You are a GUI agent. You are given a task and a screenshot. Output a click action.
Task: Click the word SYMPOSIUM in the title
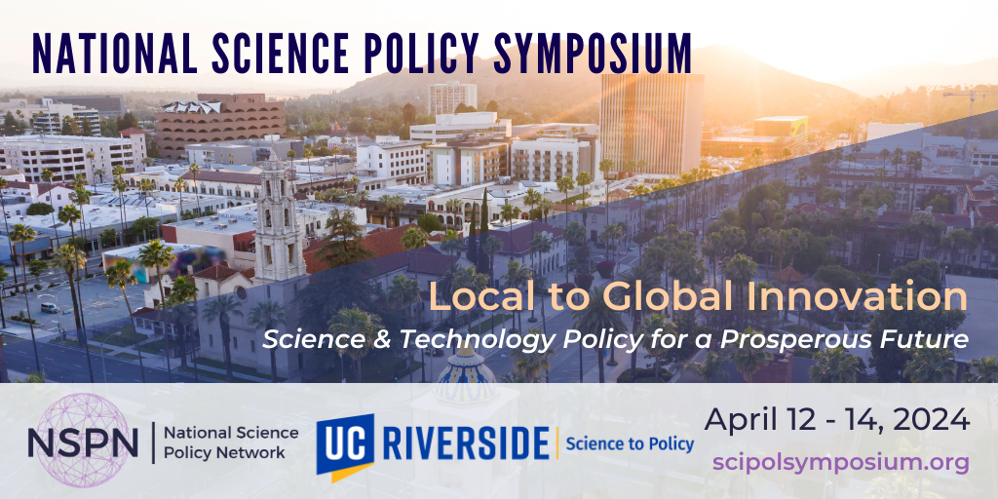coord(593,53)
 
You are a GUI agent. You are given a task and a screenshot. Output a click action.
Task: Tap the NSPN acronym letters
coord(83,441)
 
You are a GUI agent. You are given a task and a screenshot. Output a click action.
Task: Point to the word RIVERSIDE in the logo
coord(467,443)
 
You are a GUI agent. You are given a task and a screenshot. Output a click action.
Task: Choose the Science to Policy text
coord(630,444)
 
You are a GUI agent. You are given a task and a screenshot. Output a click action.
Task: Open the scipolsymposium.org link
coord(841,462)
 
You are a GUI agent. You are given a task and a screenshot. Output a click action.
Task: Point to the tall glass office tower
coord(651,121)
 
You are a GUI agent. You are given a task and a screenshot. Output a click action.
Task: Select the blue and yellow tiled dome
coord(467,375)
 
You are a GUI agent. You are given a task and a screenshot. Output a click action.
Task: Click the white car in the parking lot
coord(50,307)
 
